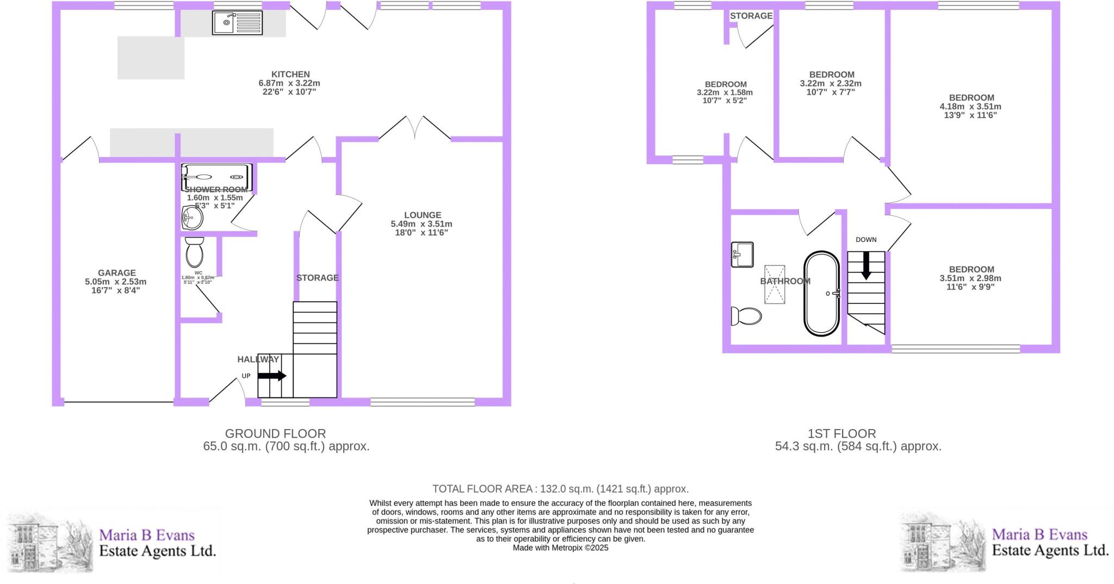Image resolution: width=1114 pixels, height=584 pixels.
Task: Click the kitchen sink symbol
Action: tap(237, 23)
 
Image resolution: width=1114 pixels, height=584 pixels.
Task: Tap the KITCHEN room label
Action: tap(290, 74)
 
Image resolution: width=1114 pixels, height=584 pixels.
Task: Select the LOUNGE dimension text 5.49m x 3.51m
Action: tap(422, 224)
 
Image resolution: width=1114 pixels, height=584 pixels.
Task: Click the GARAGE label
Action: tap(116, 273)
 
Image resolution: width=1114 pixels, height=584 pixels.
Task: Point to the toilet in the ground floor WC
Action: tap(194, 253)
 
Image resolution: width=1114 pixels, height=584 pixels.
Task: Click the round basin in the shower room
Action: tap(192, 219)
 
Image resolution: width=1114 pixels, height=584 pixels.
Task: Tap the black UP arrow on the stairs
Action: tap(272, 376)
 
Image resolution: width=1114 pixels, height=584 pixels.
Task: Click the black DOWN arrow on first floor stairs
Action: tap(866, 265)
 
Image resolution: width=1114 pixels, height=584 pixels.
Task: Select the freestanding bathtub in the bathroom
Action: tap(821, 293)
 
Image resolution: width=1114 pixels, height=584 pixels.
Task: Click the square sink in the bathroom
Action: tap(742, 254)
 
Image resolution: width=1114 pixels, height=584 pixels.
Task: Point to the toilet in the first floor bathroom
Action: tap(746, 315)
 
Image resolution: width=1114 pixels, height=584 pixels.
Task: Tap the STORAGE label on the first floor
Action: tap(751, 16)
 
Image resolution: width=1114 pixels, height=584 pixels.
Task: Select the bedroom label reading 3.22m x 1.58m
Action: tap(725, 92)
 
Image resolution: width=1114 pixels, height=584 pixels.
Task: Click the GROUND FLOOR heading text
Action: tap(275, 434)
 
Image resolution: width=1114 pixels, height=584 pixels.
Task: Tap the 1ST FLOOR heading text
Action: tap(841, 434)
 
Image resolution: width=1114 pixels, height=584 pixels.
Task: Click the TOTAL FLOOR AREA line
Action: tap(560, 489)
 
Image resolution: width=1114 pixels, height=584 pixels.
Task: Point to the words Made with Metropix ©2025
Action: tap(560, 548)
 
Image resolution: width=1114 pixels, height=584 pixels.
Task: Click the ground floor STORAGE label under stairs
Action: tap(317, 278)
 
